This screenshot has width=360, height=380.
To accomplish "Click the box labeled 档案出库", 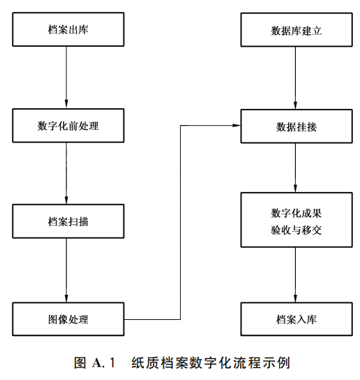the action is click(x=68, y=29).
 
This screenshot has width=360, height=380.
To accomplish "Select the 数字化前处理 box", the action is click(x=68, y=126).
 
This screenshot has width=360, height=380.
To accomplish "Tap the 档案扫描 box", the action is click(x=68, y=221).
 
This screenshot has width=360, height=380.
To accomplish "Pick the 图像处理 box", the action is click(x=68, y=319).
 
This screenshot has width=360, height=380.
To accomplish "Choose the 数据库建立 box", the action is click(x=297, y=29).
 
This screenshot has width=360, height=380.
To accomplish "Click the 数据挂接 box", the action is click(x=297, y=126).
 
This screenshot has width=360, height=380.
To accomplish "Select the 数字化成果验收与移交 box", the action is click(x=297, y=220).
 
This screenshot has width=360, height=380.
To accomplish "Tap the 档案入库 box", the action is click(x=297, y=319).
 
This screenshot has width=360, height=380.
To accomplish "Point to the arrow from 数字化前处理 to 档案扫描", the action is click(x=66, y=173).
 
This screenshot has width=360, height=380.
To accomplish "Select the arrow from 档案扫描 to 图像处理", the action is click(x=66, y=270).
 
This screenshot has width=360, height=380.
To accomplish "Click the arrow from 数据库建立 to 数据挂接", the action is click(x=295, y=78).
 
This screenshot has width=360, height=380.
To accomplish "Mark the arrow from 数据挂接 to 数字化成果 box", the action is click(x=295, y=168).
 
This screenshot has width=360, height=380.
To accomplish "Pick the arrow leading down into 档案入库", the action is click(x=295, y=275).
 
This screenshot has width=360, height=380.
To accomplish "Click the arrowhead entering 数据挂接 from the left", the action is click(x=237, y=125).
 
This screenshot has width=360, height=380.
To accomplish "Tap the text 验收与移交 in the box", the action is click(x=296, y=230).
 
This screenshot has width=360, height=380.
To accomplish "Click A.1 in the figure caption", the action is click(x=103, y=363).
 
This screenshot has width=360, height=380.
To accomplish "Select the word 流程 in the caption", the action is click(x=247, y=363).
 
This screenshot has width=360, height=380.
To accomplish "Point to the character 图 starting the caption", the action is click(x=80, y=363).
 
